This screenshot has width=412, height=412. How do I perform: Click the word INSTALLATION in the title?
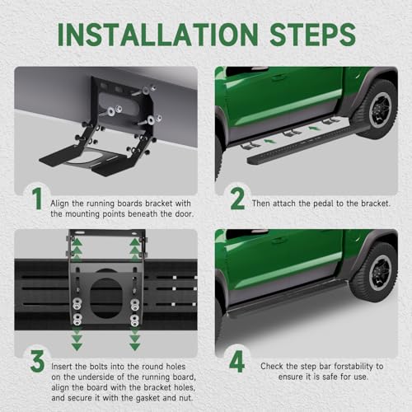click(158, 35)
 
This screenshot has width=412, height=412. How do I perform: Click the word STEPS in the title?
click(313, 35)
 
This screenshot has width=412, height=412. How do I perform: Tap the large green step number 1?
click(37, 199)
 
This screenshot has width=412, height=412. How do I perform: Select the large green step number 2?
click(237, 199)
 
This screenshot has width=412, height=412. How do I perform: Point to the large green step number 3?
click(38, 361)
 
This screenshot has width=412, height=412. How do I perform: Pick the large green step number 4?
click(236, 362)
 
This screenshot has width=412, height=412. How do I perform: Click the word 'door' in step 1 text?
click(184, 213)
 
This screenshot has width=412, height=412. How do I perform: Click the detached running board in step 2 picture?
click(307, 143)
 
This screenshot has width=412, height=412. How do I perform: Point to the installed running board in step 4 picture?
click(286, 298)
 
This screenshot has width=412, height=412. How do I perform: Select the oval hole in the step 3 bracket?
click(105, 297)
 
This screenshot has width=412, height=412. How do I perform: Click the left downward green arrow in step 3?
click(77, 339)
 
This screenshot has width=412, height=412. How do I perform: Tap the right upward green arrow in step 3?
click(135, 250)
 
